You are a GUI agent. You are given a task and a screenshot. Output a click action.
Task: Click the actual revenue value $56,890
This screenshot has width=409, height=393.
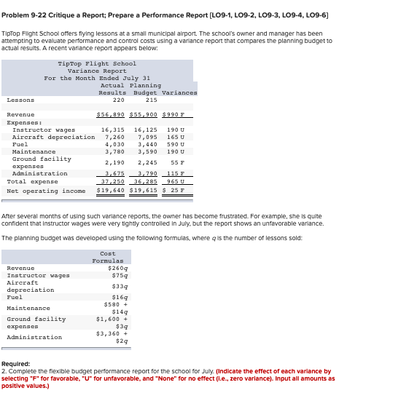[112, 115]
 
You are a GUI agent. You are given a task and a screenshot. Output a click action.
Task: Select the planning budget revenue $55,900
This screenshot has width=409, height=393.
[143, 115]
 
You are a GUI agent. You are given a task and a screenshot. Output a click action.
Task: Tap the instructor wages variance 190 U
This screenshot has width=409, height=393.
[175, 130]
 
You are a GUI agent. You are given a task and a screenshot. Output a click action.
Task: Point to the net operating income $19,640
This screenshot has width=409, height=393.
[112, 190]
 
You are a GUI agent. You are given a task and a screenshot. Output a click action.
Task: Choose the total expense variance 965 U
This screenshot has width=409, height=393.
[174, 181]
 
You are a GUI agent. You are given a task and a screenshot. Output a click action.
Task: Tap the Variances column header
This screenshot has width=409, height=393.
[179, 92]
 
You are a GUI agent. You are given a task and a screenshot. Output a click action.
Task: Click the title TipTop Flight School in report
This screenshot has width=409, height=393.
[97, 64]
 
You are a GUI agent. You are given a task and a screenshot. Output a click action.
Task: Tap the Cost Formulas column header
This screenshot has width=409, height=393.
[108, 257]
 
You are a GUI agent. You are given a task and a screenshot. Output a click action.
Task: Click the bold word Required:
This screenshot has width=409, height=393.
[16, 363]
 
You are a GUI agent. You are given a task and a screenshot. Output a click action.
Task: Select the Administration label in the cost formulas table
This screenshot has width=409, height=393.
[34, 337]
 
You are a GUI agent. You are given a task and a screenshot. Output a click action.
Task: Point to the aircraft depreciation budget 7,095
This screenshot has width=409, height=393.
[146, 137]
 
